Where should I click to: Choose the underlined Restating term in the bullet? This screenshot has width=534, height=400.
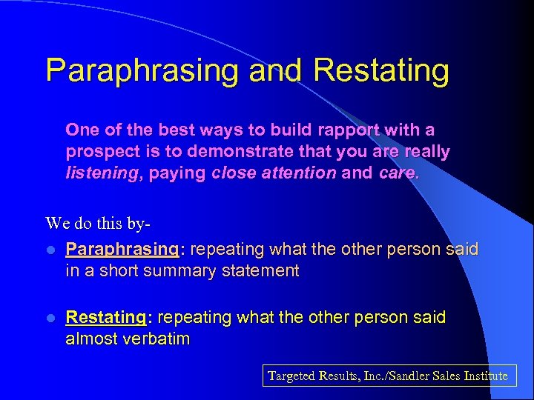pos(105,318)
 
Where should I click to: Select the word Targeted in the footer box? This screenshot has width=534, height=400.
pos(291,376)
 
